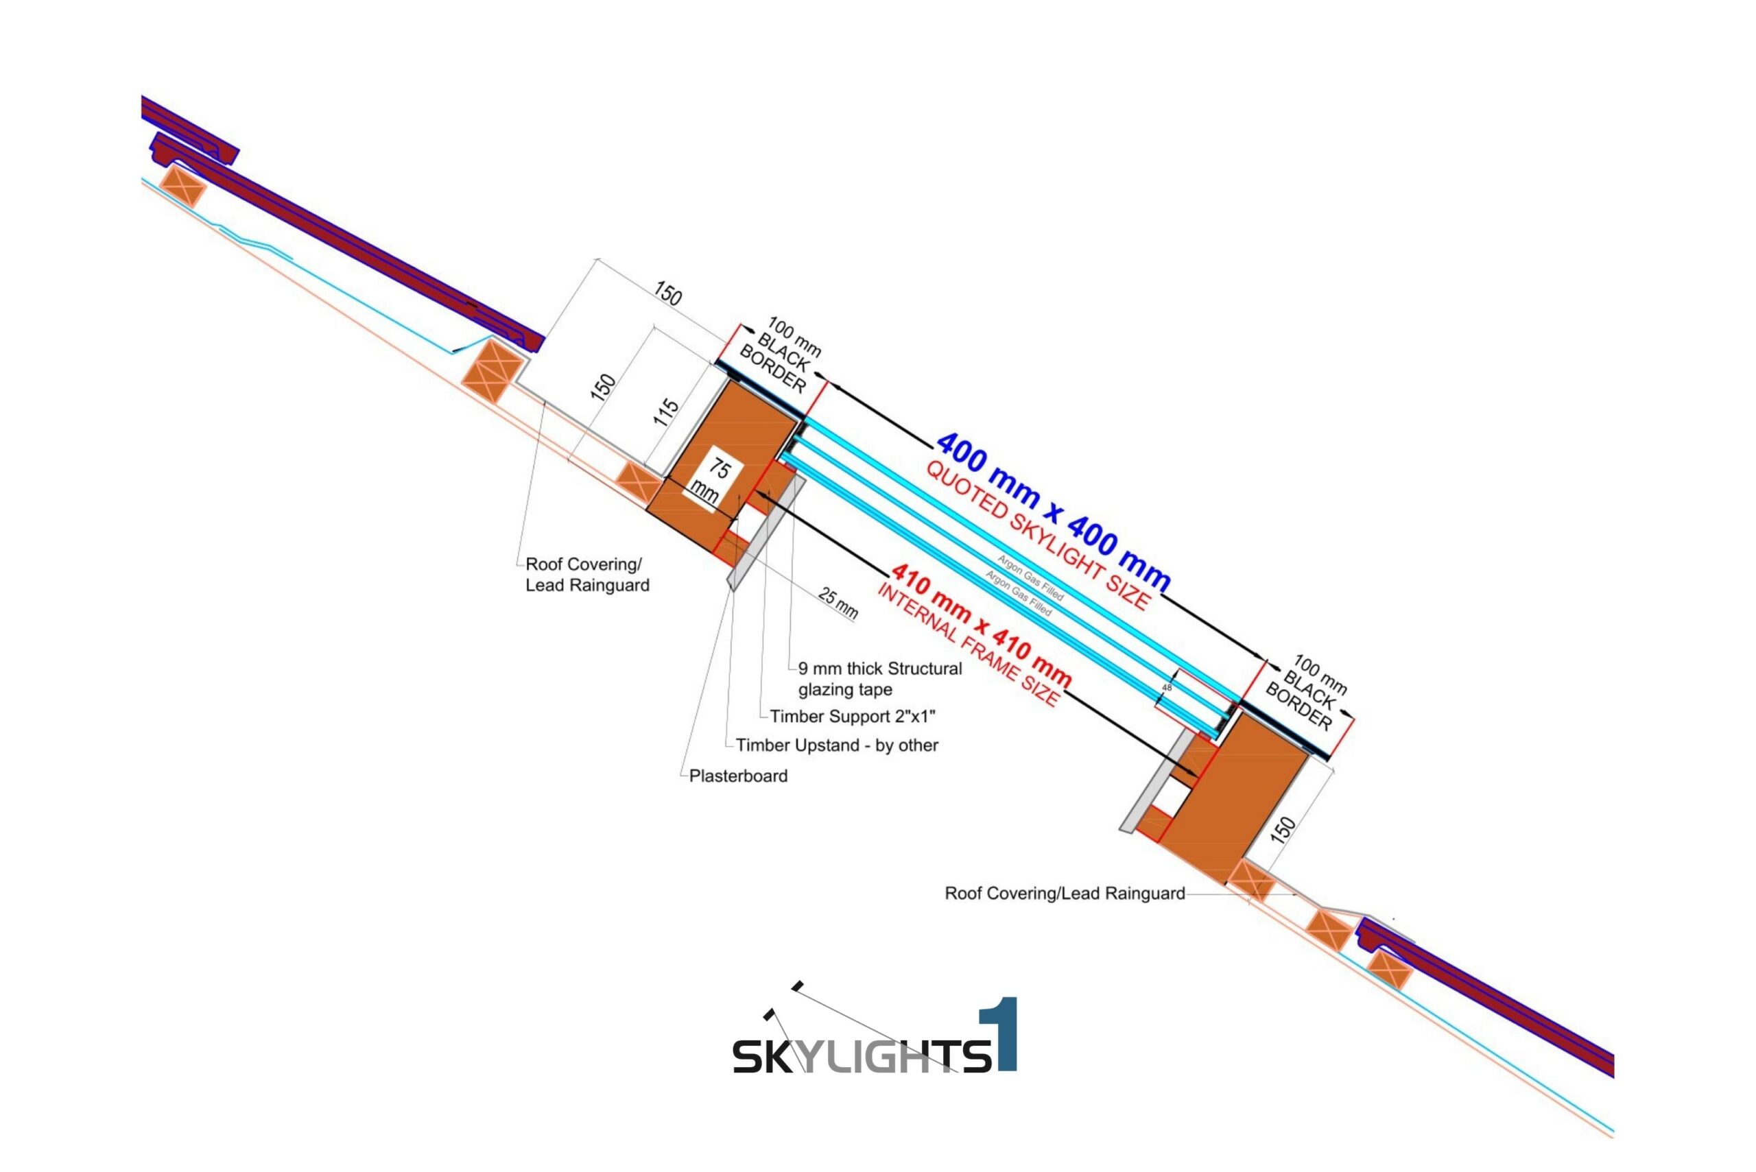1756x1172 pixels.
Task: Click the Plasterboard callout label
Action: click(738, 776)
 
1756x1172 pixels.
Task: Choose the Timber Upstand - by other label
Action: click(837, 745)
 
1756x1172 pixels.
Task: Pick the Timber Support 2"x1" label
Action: click(852, 716)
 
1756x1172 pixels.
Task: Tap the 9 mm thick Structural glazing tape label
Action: click(879, 679)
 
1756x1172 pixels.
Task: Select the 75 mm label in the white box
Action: click(712, 480)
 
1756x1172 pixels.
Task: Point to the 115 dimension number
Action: click(666, 412)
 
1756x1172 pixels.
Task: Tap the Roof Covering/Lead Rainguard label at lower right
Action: click(1065, 893)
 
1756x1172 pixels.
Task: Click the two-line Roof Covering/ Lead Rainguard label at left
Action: click(587, 575)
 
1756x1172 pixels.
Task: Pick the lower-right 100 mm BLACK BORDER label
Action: click(1307, 693)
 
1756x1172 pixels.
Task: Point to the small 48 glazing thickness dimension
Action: click(1167, 687)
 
